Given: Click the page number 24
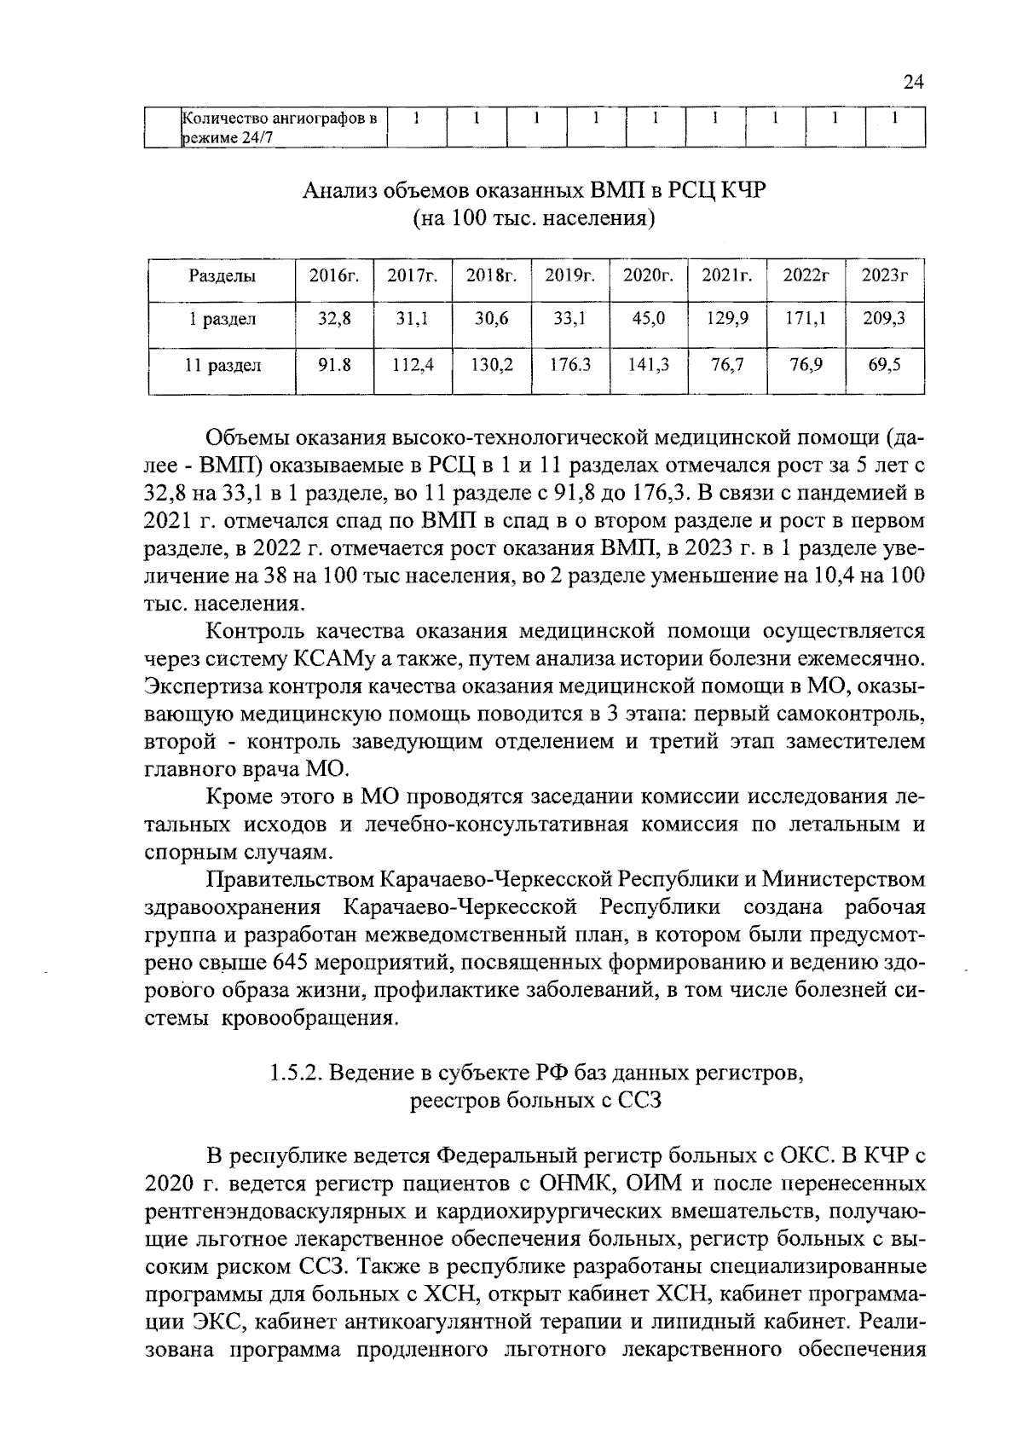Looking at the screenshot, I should click(x=912, y=82).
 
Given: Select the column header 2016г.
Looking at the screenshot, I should click(x=334, y=275).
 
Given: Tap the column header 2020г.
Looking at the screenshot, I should click(x=649, y=275).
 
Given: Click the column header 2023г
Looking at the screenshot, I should click(x=884, y=275).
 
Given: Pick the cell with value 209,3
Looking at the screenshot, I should click(x=884, y=319).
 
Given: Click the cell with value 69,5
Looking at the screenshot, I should click(x=884, y=365).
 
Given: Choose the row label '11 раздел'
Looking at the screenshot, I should click(x=223, y=366).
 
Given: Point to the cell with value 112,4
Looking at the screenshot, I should click(x=413, y=365).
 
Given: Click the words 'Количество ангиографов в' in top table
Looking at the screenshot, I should click(x=280, y=119).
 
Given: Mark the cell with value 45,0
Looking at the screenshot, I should click(x=649, y=319).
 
